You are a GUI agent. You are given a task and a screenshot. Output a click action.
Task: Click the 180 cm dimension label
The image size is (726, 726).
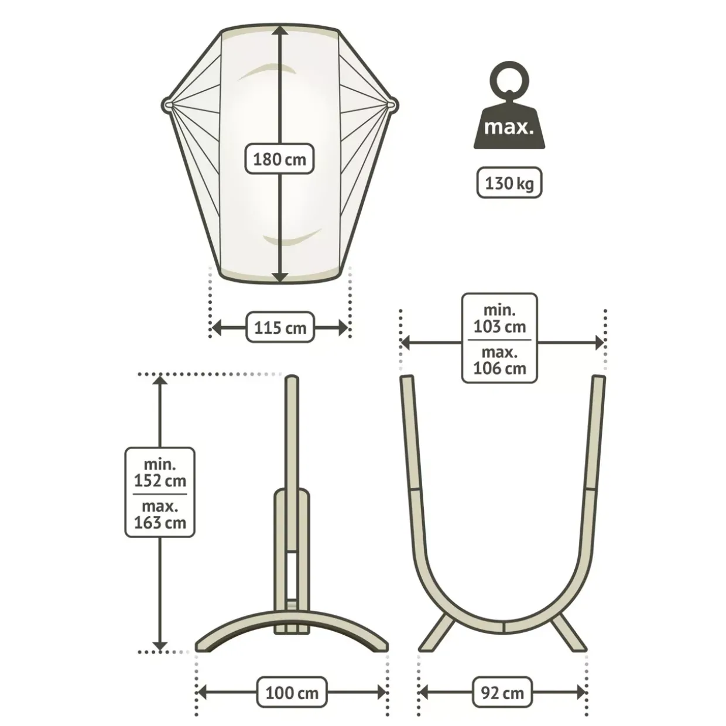tap(279, 159)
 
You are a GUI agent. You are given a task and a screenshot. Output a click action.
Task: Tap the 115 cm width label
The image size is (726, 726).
tap(280, 327)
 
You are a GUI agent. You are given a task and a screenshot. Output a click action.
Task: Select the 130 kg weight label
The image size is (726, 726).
tap(509, 183)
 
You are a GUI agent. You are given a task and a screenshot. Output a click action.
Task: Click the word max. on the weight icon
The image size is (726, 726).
tap(509, 127)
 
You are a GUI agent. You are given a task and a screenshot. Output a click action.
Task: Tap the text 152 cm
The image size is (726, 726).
tap(160, 481)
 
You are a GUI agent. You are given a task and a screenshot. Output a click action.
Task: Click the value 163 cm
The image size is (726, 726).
tap(160, 523)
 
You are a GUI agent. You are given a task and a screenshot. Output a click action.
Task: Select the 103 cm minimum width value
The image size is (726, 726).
tap(499, 327)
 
